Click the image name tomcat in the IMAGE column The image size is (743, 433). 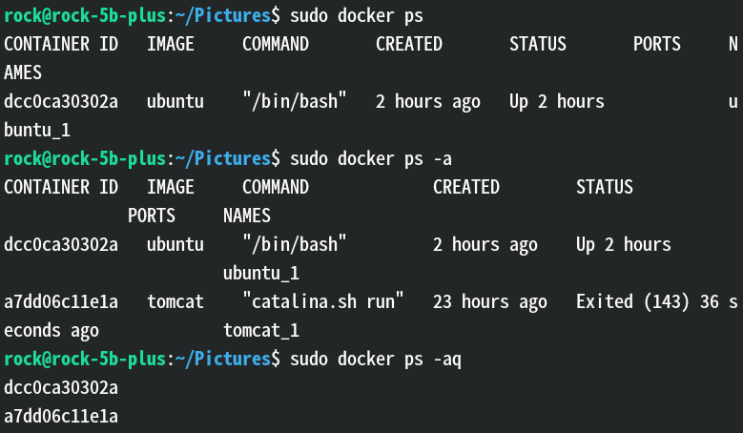point(175,301)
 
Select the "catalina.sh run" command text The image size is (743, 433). point(323,301)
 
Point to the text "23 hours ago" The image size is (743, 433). point(490,301)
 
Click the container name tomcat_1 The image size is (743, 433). point(261,330)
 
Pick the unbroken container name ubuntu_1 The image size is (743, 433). point(261,273)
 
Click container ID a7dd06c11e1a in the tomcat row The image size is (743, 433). point(61,301)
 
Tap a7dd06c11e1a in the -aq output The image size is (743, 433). point(61,416)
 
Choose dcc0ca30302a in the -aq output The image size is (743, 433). point(61,387)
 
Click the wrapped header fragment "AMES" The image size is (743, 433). point(23,72)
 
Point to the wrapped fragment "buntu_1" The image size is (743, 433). point(37,130)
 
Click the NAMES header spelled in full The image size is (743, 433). point(247,216)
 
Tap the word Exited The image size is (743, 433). point(605,301)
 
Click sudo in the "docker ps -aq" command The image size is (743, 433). point(309,359)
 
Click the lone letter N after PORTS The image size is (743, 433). point(733,44)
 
